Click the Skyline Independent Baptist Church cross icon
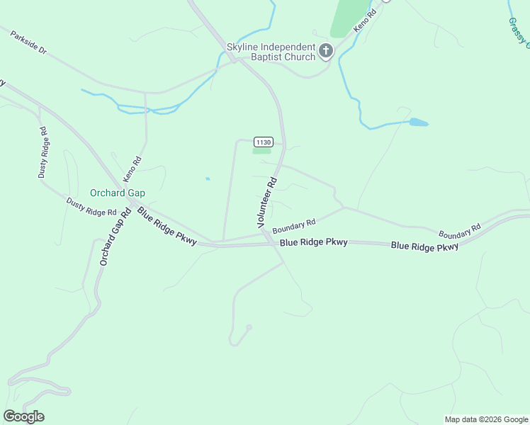(325, 50)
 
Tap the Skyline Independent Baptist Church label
(271, 52)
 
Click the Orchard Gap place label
(118, 193)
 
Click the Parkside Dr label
(28, 43)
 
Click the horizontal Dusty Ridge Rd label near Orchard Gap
(91, 207)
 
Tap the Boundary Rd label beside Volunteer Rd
(293, 227)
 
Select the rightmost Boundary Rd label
(459, 231)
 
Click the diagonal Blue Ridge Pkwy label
(167, 226)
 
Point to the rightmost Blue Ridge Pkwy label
(424, 246)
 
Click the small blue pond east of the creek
(418, 123)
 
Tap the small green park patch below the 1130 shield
(262, 150)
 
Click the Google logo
(23, 416)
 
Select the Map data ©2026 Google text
(485, 419)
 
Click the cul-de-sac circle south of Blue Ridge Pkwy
(248, 327)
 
